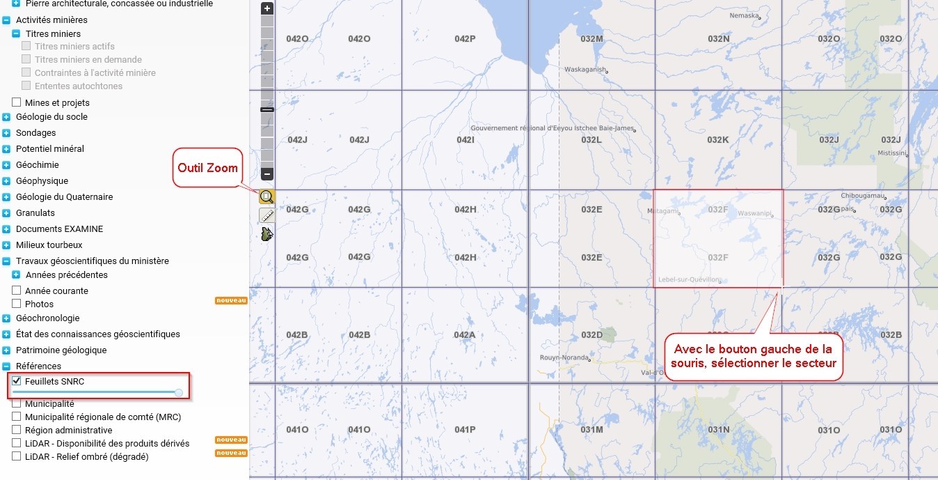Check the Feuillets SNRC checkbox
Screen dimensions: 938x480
[x=17, y=381]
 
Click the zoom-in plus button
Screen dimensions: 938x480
[x=267, y=9]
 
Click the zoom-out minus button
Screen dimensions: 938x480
[x=267, y=174]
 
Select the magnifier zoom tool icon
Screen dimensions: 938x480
[x=267, y=197]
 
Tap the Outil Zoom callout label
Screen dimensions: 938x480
[x=207, y=167]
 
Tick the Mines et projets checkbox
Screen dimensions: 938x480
[x=17, y=102]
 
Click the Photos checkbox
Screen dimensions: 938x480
[x=17, y=304]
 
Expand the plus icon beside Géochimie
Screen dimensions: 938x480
[x=6, y=165]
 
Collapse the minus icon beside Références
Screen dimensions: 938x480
[x=6, y=366]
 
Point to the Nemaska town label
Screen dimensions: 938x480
[x=743, y=15]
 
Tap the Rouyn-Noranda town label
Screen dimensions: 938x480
[x=564, y=357]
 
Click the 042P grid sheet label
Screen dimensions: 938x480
[x=465, y=39]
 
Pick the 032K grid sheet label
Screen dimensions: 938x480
[x=717, y=140]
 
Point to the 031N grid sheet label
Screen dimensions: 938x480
[x=718, y=430]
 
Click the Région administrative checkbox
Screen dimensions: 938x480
[x=17, y=430]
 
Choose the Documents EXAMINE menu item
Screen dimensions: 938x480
[x=59, y=229]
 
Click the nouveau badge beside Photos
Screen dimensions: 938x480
[x=231, y=301]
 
